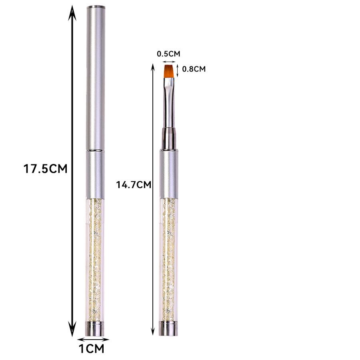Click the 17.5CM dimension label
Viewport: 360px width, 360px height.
point(45,168)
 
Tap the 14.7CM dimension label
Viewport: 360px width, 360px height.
point(133,185)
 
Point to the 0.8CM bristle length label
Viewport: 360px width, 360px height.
point(194,69)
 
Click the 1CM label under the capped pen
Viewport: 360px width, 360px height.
point(91,349)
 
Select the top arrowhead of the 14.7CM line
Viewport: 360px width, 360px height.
point(152,66)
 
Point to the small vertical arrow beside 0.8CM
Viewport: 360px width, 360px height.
point(178,70)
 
